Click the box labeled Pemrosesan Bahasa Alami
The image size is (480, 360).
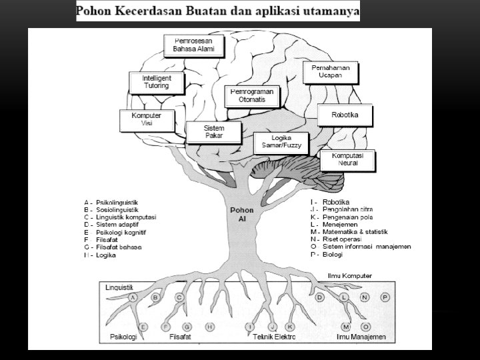click(195, 45)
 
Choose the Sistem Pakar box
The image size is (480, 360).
click(213, 131)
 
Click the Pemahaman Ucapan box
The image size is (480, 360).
click(331, 72)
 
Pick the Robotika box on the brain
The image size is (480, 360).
click(345, 115)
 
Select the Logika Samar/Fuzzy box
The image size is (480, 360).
click(282, 142)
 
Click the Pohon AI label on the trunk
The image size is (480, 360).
click(238, 214)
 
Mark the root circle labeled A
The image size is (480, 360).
click(133, 297)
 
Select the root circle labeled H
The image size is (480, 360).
click(209, 327)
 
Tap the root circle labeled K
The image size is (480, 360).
click(290, 327)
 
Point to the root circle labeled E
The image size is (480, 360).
click(143, 327)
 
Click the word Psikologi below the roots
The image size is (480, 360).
click(123, 337)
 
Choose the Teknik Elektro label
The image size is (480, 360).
click(274, 337)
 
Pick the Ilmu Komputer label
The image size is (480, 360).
click(350, 275)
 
